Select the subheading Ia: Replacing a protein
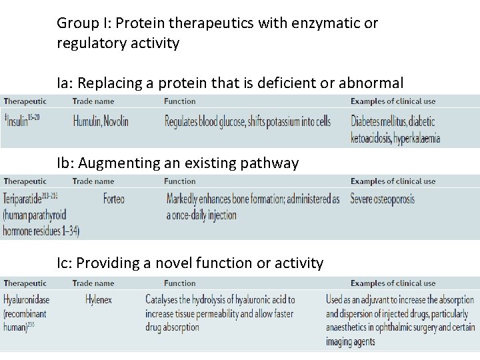(230, 83)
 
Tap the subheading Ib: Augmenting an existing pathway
(177, 163)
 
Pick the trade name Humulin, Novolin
(101, 121)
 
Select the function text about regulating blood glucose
(247, 121)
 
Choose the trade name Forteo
(114, 199)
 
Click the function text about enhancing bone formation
(253, 207)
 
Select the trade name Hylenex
(99, 300)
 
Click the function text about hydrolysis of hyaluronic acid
(220, 313)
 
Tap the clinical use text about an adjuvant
(400, 320)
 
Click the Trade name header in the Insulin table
(93, 101)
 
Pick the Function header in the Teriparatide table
(180, 181)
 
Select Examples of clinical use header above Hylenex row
(393, 283)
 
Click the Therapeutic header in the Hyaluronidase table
(25, 283)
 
